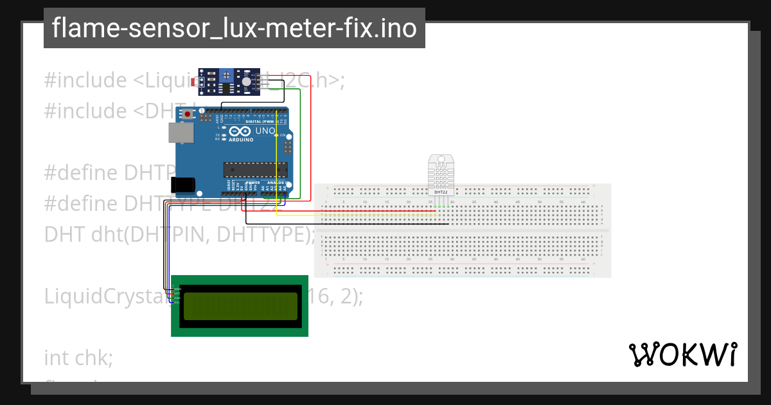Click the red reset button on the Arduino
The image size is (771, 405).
coord(188,114)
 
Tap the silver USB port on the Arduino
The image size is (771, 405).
coord(181,132)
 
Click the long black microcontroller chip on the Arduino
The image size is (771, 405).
coord(255,170)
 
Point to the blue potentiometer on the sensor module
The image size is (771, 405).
coord(226,76)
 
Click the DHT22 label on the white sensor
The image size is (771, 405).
coord(440,192)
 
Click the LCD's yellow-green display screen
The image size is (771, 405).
coord(240,307)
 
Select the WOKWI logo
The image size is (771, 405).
coord(682,354)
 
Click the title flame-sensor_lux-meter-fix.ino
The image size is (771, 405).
coord(234,28)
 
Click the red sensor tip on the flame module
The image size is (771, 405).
coord(202,81)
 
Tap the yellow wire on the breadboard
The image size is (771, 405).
coord(360,215)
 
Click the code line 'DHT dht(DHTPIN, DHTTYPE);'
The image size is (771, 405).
coord(180,234)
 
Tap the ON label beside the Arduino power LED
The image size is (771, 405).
coord(283,135)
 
